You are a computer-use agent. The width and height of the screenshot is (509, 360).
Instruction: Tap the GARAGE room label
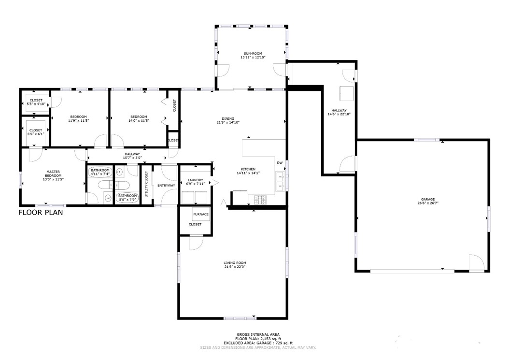428,199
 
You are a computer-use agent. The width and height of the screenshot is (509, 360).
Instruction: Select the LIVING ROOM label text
235,262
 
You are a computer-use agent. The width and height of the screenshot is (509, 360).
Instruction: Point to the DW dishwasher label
279,163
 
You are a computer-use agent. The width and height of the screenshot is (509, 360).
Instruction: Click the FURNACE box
200,214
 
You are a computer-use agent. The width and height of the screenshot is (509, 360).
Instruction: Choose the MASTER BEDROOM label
53,173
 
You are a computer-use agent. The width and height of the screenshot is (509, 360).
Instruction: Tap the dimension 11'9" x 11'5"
78,120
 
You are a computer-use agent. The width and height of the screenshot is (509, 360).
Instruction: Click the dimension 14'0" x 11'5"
139,120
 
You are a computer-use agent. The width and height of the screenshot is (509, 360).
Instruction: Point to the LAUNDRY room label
196,180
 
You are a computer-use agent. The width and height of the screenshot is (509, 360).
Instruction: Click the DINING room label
228,118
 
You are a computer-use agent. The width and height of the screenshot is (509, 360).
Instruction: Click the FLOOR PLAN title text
41,212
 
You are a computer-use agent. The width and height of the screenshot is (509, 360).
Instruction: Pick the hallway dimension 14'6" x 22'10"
339,114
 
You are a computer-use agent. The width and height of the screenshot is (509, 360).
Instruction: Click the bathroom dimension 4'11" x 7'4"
100,174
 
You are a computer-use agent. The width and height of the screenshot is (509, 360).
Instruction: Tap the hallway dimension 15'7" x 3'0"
131,158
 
